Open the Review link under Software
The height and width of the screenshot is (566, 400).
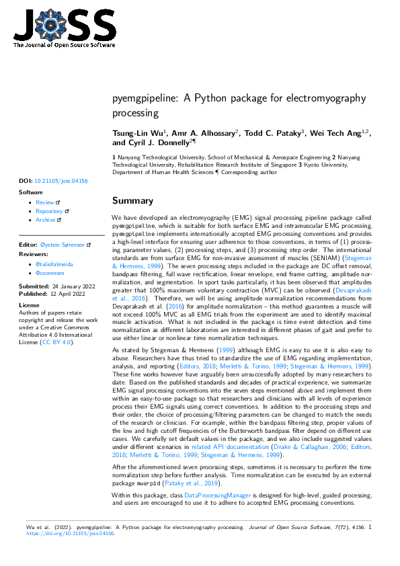point(45,202)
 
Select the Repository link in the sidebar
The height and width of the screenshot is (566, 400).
point(49,211)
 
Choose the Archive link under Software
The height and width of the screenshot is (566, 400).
point(46,220)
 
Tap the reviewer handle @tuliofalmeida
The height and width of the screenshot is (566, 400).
point(54,265)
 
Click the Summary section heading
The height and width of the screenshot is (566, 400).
point(132,200)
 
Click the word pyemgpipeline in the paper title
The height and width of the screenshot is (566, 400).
point(143,98)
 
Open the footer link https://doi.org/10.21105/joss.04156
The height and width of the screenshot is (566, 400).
point(71,534)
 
